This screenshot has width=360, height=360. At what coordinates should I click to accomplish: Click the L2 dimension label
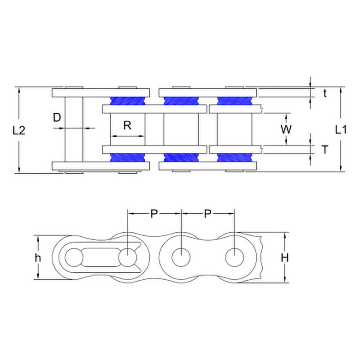click(x=18, y=131)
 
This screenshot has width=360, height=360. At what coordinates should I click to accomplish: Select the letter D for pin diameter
click(x=57, y=118)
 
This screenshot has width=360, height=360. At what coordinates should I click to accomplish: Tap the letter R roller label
click(x=127, y=126)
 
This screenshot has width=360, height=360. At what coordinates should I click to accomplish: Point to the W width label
click(x=286, y=129)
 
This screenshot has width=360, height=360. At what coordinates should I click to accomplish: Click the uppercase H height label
click(x=284, y=258)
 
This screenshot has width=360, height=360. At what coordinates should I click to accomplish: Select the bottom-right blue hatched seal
click(x=234, y=157)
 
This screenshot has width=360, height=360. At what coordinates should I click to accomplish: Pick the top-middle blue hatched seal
click(x=181, y=100)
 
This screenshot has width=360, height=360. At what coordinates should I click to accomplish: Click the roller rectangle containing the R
click(x=127, y=129)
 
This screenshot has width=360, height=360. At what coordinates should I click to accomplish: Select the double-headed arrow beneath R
click(x=127, y=135)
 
